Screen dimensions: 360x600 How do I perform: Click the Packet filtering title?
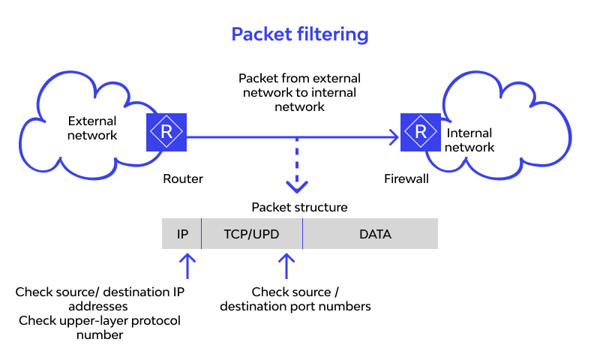(299, 34)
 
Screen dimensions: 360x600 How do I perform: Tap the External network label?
(92, 128)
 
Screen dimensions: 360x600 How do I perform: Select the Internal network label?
(470, 140)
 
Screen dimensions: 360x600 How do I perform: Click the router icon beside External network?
(166, 132)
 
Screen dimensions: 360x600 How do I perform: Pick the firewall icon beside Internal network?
(420, 132)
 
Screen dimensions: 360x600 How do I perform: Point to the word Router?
(183, 179)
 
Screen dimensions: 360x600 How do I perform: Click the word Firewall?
(406, 179)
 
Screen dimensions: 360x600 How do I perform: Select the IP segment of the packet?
(182, 234)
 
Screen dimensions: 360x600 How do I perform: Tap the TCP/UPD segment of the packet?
(251, 234)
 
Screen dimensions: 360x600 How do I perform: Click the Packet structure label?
(299, 207)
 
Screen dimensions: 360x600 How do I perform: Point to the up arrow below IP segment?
(187, 265)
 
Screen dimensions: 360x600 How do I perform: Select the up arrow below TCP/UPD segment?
(286, 265)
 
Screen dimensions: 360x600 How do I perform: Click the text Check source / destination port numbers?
(295, 298)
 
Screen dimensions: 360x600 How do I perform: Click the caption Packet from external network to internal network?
(299, 92)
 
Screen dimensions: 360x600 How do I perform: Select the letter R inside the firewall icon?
(420, 132)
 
